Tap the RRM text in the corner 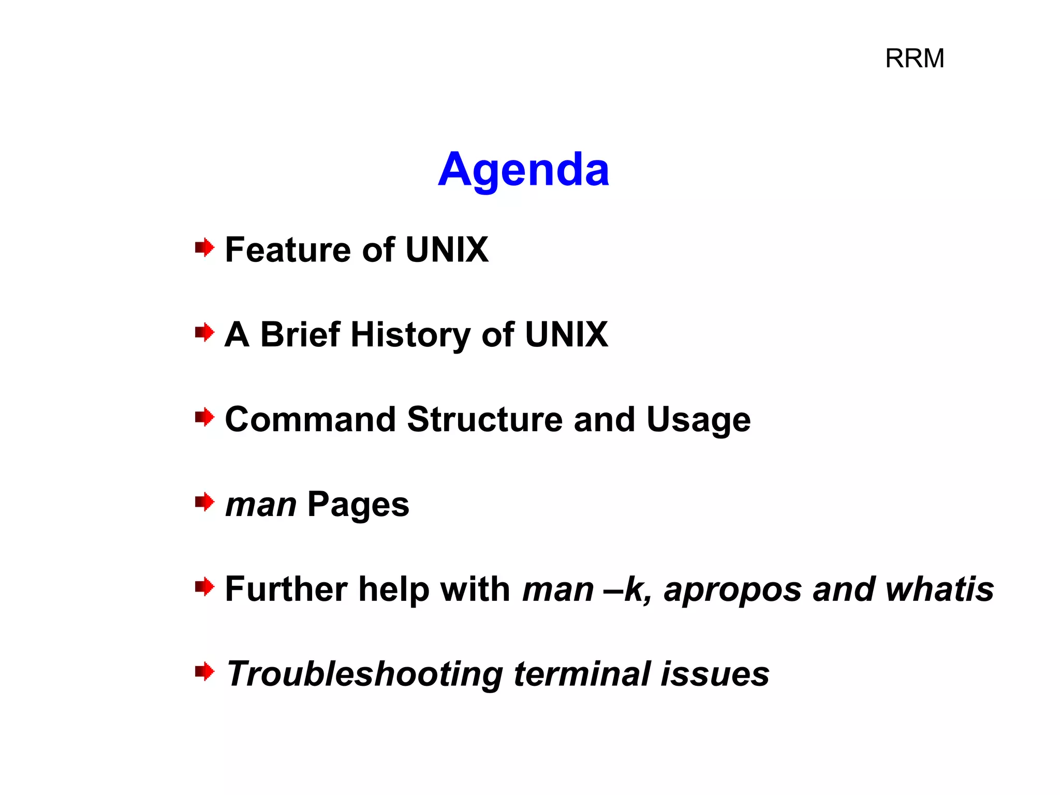[x=915, y=58]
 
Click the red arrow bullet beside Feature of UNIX [x=204, y=248]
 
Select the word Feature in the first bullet [x=288, y=250]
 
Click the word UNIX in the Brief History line [x=566, y=335]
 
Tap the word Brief [x=300, y=335]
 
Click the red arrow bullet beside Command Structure [x=204, y=417]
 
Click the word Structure [x=484, y=419]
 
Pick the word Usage [x=698, y=420]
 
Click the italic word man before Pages [x=261, y=505]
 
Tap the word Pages [x=358, y=506]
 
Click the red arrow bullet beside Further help [x=204, y=587]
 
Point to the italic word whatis [x=939, y=589]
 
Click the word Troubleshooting [x=365, y=675]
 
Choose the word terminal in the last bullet [x=582, y=674]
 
